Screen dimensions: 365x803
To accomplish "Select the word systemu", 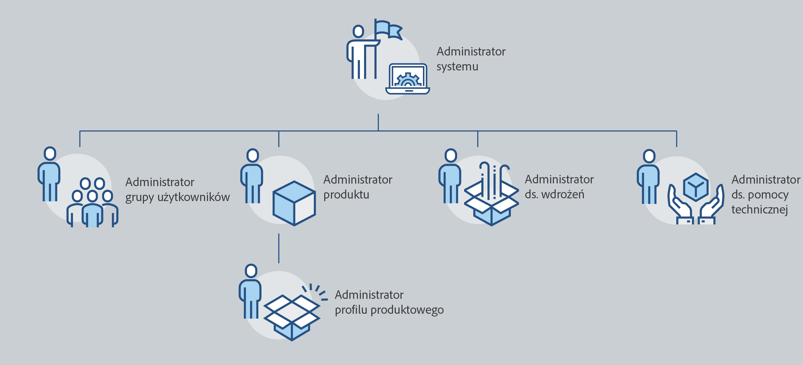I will (457, 67).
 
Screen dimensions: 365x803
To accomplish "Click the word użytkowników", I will (193, 197).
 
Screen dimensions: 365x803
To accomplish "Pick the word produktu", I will (346, 195).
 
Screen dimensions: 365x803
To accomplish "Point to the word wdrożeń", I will (563, 194).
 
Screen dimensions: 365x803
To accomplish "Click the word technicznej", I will (759, 209).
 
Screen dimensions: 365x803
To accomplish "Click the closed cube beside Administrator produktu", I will (294, 203).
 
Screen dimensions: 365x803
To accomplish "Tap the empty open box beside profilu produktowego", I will (291, 316).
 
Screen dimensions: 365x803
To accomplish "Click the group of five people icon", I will (92, 203).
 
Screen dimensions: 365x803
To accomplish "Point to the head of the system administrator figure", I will (358, 31).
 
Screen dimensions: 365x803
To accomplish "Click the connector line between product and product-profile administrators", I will (279, 248).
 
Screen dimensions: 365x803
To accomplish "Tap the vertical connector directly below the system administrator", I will (378, 122).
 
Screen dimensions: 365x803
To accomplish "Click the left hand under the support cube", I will (679, 206).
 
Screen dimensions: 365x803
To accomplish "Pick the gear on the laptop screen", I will (407, 80).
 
